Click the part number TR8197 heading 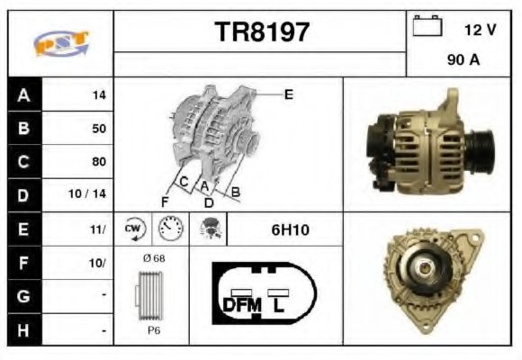[x=261, y=33]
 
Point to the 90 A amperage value [x=462, y=62]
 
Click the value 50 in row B [x=99, y=129]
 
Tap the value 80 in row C [x=99, y=162]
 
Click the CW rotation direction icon [x=134, y=229]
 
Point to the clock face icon [x=169, y=229]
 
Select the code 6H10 [x=290, y=229]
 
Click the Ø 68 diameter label [x=154, y=259]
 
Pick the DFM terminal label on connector [x=241, y=305]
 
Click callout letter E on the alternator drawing [x=289, y=94]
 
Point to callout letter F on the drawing [x=165, y=200]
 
